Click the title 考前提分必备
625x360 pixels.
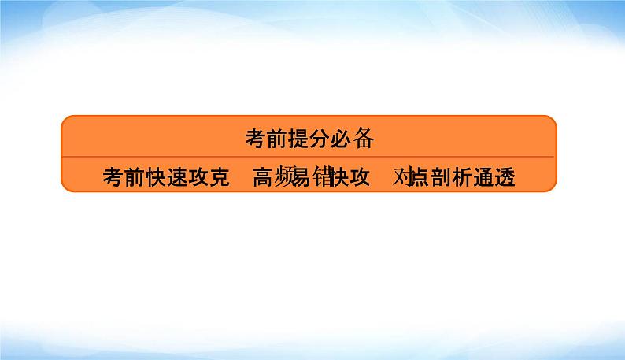[308, 139]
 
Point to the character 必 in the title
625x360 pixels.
[340, 139]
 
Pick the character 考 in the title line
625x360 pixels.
[255, 139]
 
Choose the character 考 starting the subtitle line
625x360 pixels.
[113, 177]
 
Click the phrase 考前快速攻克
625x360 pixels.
[165, 177]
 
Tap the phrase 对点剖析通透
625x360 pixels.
[454, 177]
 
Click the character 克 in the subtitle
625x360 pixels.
[218, 177]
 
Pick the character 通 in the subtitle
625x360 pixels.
[485, 177]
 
